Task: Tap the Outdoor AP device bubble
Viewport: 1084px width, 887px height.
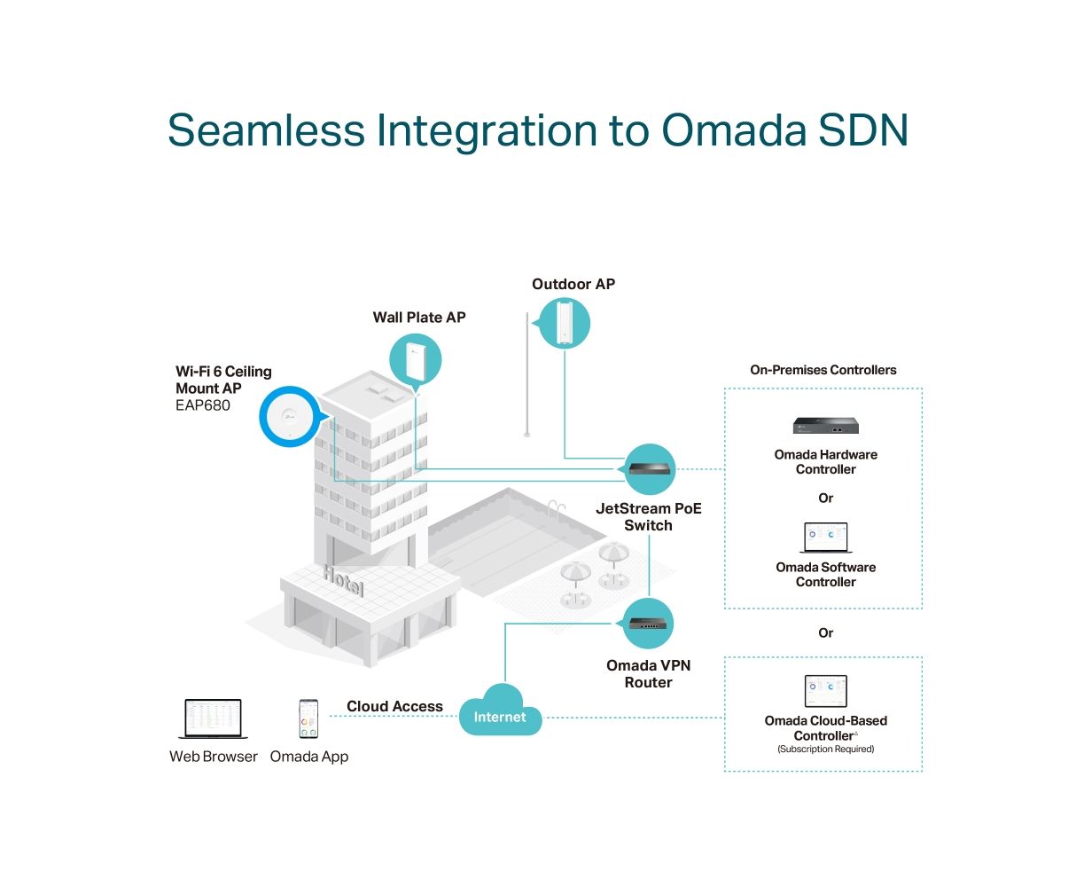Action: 563,323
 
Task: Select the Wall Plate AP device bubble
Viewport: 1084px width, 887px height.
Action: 416,360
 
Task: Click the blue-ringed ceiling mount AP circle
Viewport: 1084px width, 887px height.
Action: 291,416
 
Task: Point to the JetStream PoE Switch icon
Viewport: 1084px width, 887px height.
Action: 649,468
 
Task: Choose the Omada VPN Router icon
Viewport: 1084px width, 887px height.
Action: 648,623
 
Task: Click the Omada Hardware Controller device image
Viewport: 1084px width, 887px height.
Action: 825,426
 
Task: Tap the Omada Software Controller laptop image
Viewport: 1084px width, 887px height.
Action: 825,538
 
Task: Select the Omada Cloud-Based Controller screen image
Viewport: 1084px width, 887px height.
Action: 825,691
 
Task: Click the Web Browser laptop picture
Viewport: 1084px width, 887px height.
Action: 213,718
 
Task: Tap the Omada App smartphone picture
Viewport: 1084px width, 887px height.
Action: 308,718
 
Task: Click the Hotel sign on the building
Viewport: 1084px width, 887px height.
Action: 343,581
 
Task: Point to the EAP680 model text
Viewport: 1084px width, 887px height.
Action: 202,405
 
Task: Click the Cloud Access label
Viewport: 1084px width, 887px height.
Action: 394,706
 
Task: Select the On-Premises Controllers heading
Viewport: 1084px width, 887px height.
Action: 823,369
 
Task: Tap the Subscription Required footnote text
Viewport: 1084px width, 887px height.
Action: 825,749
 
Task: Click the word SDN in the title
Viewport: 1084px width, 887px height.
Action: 863,130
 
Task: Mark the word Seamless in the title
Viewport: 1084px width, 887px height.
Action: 266,130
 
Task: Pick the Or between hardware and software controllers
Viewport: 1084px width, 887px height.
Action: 825,498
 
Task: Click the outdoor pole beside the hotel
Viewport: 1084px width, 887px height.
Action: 526,374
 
